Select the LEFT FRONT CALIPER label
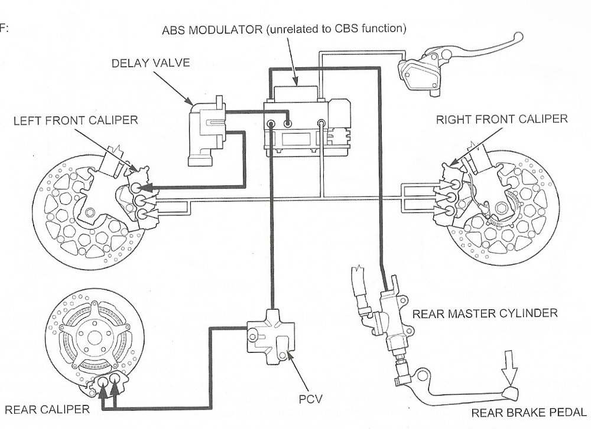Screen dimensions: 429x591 click(75, 120)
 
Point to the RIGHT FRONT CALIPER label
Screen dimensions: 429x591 click(501, 119)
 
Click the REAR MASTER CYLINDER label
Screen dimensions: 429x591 click(485, 313)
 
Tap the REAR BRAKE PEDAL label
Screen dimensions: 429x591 click(530, 412)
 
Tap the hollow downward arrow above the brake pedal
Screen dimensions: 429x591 click(509, 366)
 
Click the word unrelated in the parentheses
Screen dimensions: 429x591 click(292, 30)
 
